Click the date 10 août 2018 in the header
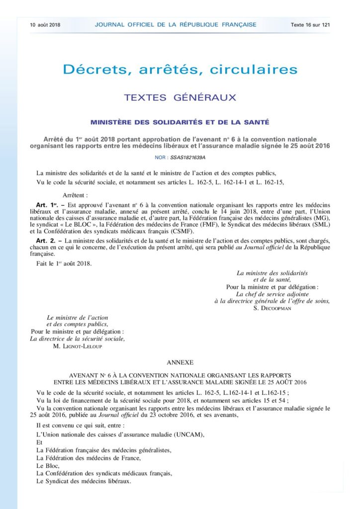tap(45, 24)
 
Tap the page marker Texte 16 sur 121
tap(311, 24)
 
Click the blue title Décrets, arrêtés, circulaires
tap(180, 69)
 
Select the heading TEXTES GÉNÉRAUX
tap(180, 97)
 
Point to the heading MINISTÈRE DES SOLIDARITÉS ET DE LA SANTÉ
tap(180, 122)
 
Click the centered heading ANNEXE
tap(180, 363)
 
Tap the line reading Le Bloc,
tap(48, 466)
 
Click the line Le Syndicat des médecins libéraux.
tap(84, 481)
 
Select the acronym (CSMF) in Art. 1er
tap(158, 231)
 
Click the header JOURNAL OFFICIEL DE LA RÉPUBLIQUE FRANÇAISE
tap(175, 24)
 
